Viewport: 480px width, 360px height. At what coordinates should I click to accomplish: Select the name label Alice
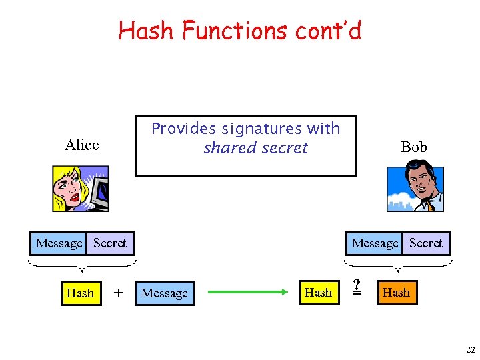tap(82, 145)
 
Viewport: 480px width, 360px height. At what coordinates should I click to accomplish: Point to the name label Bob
tap(413, 147)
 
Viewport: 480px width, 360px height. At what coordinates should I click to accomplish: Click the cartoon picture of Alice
tap(80, 189)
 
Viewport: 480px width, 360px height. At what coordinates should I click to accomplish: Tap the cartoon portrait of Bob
tap(415, 189)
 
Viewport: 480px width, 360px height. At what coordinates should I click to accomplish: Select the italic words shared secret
tap(255, 148)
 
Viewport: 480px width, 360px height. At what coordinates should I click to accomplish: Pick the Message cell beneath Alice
tap(59, 243)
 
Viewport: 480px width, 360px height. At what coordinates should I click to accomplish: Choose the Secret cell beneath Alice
tap(110, 243)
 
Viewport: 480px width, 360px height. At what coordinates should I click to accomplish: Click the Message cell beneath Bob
tap(375, 243)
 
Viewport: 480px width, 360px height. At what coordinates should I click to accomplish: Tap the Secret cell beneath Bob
tap(426, 243)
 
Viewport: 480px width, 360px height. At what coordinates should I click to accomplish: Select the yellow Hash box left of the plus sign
tap(80, 293)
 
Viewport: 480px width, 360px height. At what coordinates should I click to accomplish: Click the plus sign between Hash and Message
tap(119, 292)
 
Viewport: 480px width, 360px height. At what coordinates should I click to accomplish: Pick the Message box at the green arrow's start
tap(165, 293)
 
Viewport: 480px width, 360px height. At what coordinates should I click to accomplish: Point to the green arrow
tap(251, 292)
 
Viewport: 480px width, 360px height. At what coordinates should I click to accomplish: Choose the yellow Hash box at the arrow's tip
tap(318, 292)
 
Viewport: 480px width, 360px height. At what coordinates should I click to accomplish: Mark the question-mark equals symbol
tap(357, 286)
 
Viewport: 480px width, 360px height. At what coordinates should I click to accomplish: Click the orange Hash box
tap(396, 293)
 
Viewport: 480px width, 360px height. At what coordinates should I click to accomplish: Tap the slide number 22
tap(470, 350)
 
